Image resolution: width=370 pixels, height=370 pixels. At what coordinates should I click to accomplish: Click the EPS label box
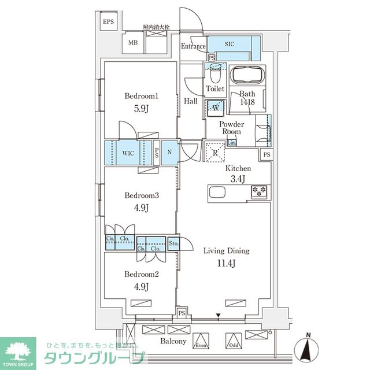pos(109,23)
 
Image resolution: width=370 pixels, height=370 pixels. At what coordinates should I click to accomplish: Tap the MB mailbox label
pos(133,43)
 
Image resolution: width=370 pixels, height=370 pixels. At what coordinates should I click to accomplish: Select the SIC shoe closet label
pos(229,43)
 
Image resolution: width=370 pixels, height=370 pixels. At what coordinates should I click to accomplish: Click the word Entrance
pos(193,47)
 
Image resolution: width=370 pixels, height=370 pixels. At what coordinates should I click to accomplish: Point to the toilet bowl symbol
pos(216,74)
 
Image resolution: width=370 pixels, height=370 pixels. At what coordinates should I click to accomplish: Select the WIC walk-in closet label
pos(128,153)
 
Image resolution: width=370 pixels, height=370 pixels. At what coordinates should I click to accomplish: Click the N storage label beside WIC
pos(169,153)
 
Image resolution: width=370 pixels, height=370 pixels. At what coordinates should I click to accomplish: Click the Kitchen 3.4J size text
pos(238,178)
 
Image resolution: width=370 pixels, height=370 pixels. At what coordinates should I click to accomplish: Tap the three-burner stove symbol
pos(257,191)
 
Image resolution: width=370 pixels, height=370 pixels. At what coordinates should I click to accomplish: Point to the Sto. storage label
pos(174,243)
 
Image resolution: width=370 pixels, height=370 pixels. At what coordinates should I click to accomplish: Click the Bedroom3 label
pos(141,195)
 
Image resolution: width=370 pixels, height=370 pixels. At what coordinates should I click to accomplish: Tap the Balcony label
pos(173,341)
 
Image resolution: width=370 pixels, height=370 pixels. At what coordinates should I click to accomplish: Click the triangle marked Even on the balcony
pos(201,341)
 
